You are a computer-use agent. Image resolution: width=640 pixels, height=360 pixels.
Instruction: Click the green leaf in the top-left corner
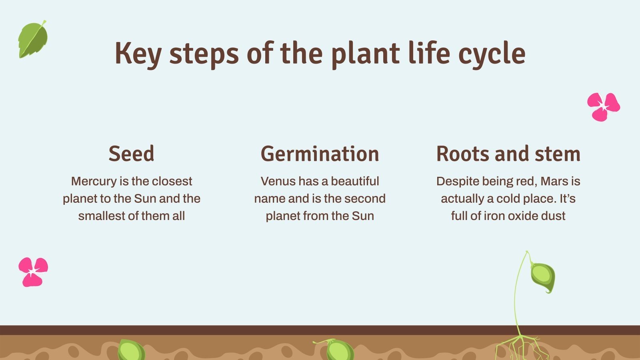pyautogui.click(x=33, y=40)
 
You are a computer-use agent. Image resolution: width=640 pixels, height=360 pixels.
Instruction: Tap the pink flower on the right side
pyautogui.click(x=603, y=106)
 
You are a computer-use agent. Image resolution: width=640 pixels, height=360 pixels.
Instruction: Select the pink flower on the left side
pyautogui.click(x=33, y=272)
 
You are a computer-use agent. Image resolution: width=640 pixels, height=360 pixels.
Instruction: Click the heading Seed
pyautogui.click(x=131, y=154)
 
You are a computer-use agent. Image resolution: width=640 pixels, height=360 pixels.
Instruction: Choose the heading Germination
pyautogui.click(x=320, y=154)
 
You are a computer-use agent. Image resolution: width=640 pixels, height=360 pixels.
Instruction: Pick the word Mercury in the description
pyautogui.click(x=94, y=181)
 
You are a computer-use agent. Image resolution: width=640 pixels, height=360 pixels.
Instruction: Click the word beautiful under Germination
pyautogui.click(x=355, y=181)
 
